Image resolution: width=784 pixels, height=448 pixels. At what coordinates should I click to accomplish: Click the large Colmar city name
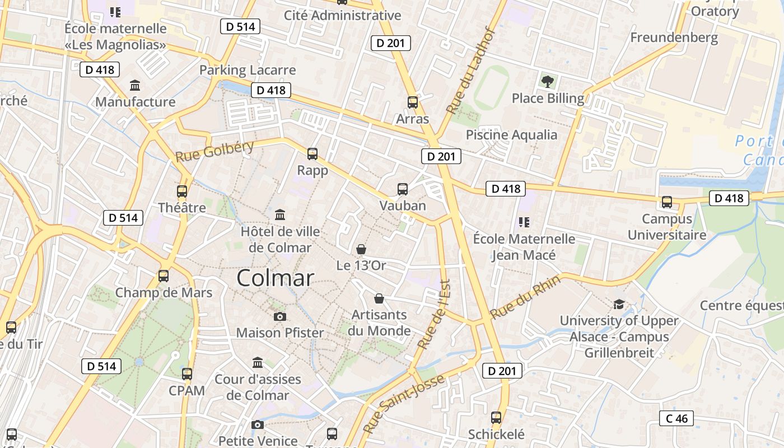275,278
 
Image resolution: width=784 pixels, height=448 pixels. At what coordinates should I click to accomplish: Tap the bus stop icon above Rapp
312,153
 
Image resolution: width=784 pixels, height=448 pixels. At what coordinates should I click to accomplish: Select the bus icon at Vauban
403,189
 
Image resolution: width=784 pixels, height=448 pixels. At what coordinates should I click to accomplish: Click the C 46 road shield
676,418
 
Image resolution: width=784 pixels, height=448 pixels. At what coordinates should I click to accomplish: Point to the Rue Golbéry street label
215,151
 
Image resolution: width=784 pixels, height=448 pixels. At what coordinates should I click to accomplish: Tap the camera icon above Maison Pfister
280,316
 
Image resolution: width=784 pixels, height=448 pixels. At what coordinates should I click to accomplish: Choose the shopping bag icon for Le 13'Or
361,249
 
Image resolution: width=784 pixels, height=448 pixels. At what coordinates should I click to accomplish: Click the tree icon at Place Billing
548,82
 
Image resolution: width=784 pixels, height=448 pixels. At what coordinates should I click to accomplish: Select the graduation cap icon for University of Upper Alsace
619,304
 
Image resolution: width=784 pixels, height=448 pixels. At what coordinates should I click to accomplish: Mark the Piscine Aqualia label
512,135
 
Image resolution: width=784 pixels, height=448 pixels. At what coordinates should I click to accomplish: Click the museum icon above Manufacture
135,86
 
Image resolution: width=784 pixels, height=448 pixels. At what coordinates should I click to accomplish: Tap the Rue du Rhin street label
525,298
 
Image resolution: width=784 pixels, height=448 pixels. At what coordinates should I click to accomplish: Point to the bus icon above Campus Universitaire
666,202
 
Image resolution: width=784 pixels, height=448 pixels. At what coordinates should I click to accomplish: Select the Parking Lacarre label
248,70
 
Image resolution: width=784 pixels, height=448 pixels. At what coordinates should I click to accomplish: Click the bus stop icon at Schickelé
496,418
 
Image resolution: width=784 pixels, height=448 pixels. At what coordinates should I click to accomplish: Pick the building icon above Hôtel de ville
280,215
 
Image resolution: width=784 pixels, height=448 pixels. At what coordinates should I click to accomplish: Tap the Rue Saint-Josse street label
404,404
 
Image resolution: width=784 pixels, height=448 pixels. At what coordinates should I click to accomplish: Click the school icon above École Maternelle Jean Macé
524,222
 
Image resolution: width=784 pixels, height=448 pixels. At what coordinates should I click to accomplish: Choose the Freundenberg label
674,38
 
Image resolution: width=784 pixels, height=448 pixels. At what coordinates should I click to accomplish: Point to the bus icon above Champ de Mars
164,276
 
